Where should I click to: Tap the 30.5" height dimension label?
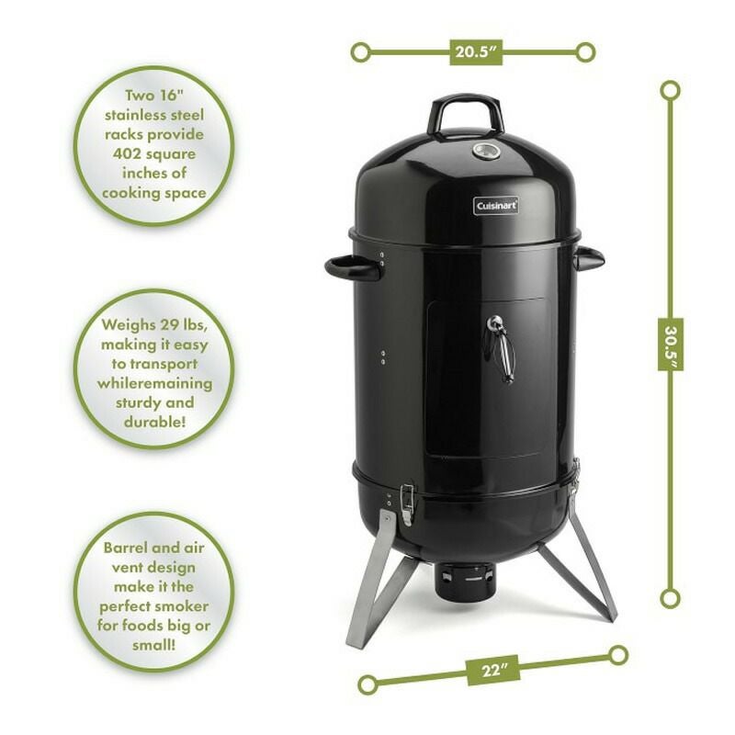coord(671,344)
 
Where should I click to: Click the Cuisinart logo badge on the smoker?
coord(497,206)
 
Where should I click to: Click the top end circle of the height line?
coord(671,90)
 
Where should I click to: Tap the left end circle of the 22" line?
coord(367,683)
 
